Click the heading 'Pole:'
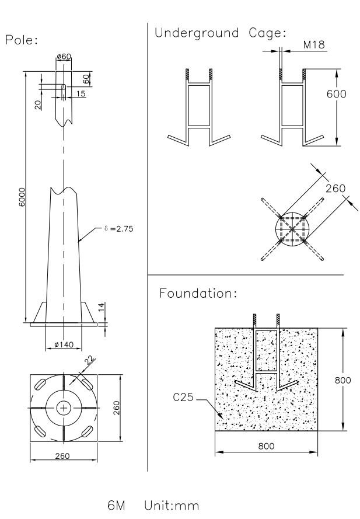pos(20,40)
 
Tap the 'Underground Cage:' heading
pos(221,33)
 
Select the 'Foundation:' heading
pos(198,293)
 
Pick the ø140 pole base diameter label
pos(64,344)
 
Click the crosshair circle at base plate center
pos(64,407)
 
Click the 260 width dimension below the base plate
pos(64,455)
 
